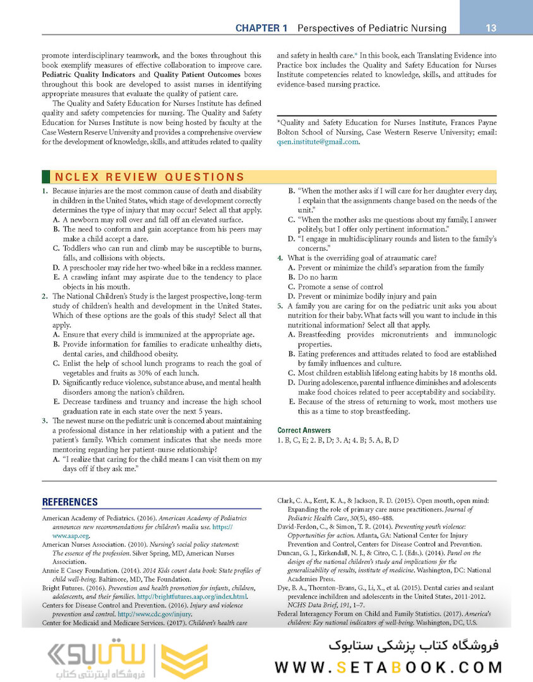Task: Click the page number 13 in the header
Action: [491, 28]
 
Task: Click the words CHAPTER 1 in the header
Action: [261, 28]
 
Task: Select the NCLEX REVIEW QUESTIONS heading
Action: [149, 177]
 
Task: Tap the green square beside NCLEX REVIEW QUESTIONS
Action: [45, 177]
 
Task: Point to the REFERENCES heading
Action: [69, 502]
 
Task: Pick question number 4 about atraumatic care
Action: [280, 258]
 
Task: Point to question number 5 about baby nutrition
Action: [280, 306]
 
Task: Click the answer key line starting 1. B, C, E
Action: [338, 440]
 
